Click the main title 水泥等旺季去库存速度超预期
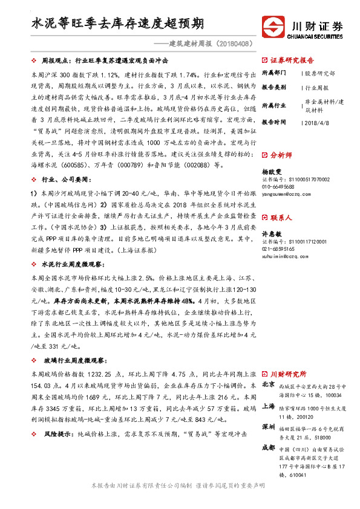(117, 24)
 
